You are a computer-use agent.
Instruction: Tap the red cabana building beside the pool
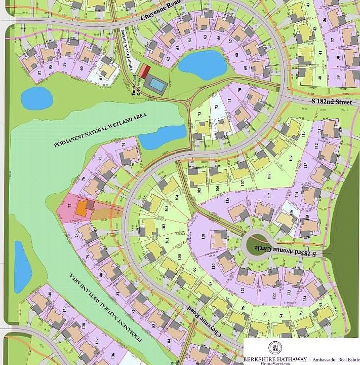tap(145, 71)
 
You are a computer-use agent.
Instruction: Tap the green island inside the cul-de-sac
tap(258, 244)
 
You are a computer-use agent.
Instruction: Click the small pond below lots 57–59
tap(36, 97)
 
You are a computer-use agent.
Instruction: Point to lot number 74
tap(124, 144)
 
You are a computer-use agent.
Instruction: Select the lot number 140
tap(50, 295)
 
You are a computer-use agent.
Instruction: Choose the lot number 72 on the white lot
tap(216, 107)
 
